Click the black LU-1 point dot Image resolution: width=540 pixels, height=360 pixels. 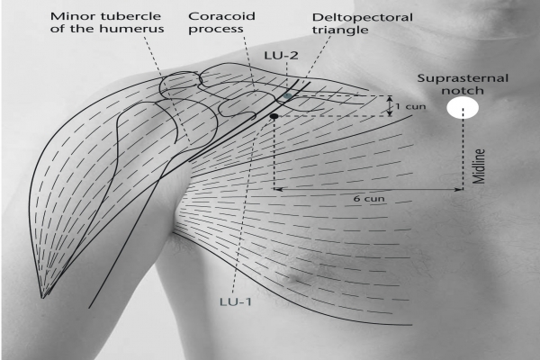(274, 116)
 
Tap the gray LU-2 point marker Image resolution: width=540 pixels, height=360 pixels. (287, 96)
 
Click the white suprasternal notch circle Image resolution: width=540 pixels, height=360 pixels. (463, 107)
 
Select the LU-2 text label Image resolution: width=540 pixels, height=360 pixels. (281, 56)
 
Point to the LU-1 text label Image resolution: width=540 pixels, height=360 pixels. (236, 301)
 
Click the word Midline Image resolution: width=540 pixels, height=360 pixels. (479, 166)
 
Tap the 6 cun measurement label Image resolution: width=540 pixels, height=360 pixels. (369, 199)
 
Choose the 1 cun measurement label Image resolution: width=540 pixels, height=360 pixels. (410, 106)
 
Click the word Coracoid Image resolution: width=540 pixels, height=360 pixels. (221, 16)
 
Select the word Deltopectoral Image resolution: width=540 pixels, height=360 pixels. (363, 17)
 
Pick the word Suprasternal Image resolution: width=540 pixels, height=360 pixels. (463, 78)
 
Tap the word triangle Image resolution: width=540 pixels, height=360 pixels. (340, 31)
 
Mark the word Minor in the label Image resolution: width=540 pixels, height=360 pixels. (66, 16)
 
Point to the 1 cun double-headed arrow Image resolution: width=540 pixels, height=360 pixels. (390, 106)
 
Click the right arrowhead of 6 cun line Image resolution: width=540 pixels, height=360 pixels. (459, 189)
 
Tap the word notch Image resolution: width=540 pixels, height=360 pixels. (463, 91)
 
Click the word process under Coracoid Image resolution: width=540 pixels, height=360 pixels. (216, 30)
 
